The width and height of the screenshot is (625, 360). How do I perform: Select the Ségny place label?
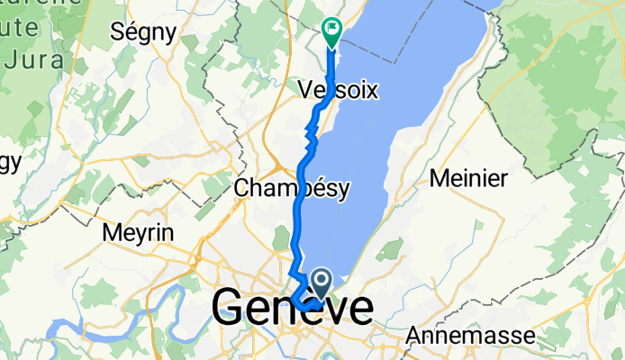(x=142, y=31)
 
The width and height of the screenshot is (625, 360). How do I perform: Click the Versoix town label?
(x=338, y=90)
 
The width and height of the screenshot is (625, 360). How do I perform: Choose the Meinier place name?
(x=470, y=177)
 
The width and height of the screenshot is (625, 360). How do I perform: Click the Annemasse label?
(x=469, y=335)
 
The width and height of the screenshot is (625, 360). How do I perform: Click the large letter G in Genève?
(x=231, y=310)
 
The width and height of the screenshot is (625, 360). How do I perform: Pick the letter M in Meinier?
(x=441, y=177)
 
